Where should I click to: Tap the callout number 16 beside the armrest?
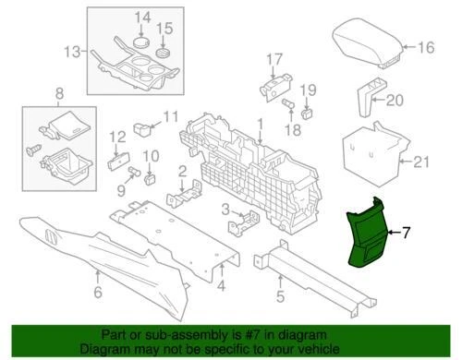tap(426, 47)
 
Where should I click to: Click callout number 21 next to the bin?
tap(421, 163)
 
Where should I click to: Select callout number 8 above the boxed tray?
tap(60, 93)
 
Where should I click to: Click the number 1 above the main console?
tap(260, 123)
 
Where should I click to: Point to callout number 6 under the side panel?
tap(98, 293)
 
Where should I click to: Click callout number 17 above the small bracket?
tap(274, 61)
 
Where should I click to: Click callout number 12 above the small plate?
tap(116, 137)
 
